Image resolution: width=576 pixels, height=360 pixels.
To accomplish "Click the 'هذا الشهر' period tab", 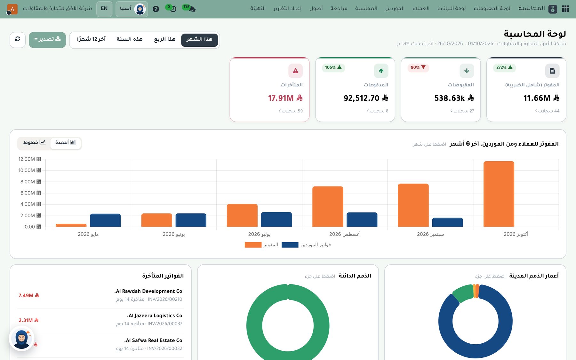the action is [199, 40].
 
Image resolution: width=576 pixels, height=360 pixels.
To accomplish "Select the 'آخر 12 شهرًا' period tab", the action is [91, 39].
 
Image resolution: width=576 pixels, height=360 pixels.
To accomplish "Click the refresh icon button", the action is [18, 40].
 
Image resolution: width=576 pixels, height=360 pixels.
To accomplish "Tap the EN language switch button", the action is [104, 9].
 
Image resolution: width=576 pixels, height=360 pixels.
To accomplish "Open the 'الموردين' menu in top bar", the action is [395, 9].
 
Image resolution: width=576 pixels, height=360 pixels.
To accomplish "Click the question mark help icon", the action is [156, 9].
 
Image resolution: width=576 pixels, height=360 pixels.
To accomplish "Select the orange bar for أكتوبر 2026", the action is [499, 194].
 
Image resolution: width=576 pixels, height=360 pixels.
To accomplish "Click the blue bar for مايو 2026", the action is [105, 220].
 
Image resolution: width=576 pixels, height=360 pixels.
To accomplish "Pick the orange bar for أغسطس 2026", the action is [328, 207].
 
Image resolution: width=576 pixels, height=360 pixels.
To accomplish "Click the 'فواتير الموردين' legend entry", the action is [306, 245].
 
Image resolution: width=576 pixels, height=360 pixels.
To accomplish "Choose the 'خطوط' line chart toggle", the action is [35, 143].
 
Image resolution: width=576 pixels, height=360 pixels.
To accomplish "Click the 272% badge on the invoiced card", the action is [504, 68].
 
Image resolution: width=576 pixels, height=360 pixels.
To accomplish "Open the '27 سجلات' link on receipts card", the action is [462, 111].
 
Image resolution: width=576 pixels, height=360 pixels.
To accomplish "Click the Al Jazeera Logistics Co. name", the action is [155, 316].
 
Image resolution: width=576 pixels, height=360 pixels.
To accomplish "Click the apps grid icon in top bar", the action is [565, 9].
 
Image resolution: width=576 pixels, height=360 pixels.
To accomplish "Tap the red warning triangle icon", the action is [295, 71].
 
